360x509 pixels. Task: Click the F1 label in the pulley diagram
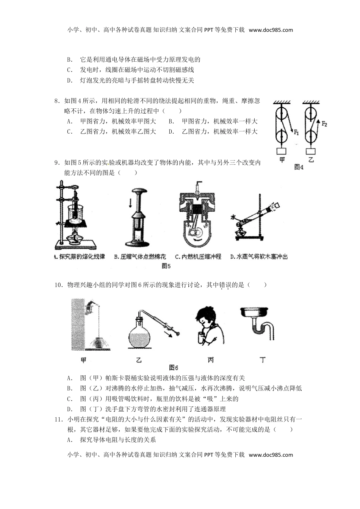296,132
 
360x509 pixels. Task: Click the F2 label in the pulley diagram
324,123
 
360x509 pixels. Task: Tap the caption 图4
299,167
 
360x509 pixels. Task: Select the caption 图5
166,266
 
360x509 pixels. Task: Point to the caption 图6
174,367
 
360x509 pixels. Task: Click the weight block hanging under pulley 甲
282,150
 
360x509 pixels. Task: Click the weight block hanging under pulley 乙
311,150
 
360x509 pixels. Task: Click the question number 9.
57,163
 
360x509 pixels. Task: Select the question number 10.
58,285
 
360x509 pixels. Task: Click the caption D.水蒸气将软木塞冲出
259,257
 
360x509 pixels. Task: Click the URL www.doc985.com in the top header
271,30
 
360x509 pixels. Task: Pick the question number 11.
58,419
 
